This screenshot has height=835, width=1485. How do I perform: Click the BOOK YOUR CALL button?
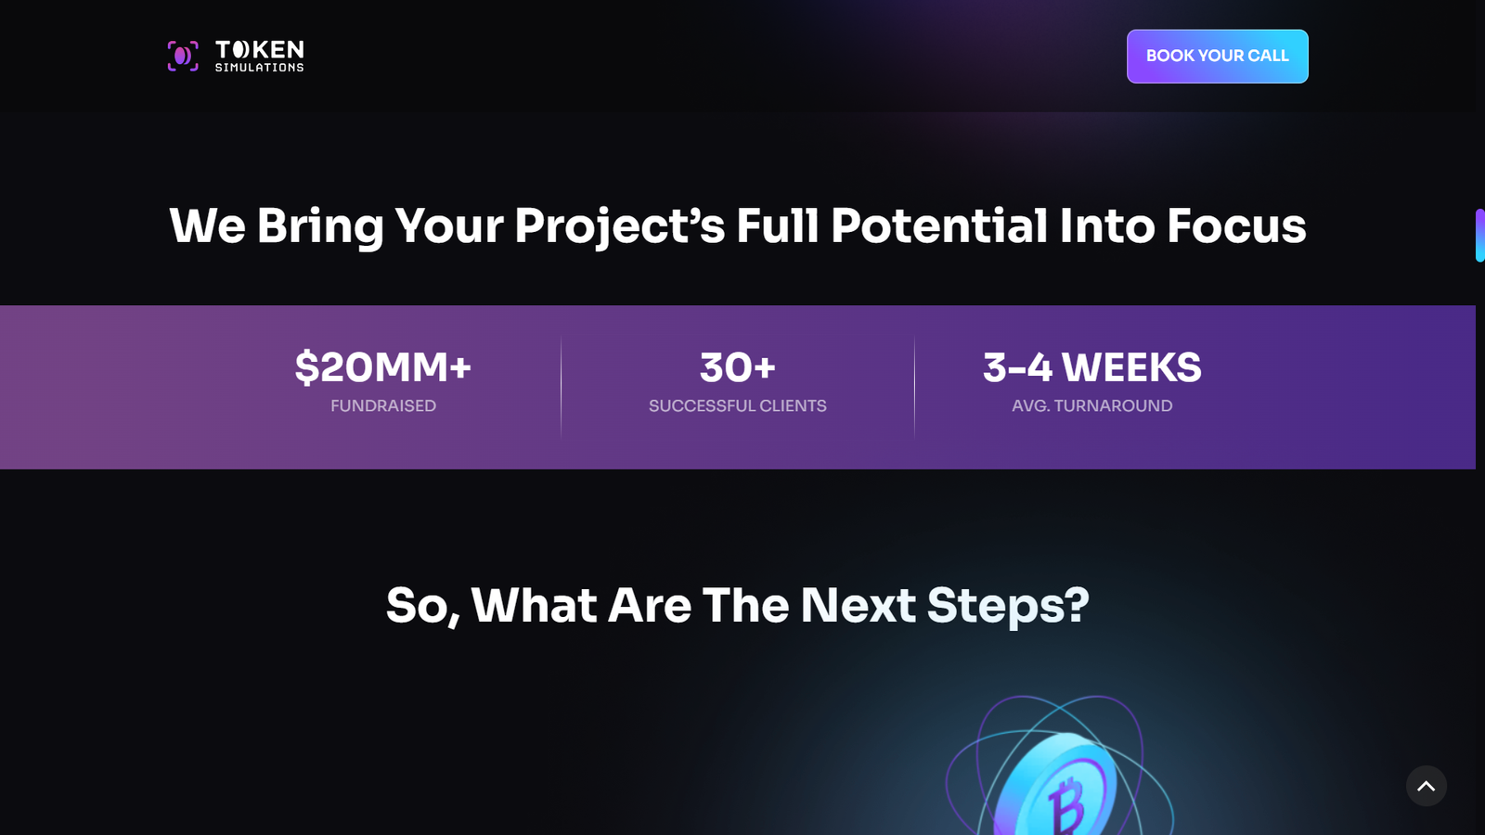pyautogui.click(x=1217, y=57)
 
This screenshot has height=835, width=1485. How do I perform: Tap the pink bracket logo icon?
pyautogui.click(x=183, y=57)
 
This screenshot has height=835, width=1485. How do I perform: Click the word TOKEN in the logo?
pyautogui.click(x=260, y=50)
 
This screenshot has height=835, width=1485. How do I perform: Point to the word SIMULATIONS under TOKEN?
pyautogui.click(x=260, y=67)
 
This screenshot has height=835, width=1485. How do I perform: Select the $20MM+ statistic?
pyautogui.click(x=383, y=367)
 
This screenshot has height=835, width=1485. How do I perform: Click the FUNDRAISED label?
pyautogui.click(x=383, y=405)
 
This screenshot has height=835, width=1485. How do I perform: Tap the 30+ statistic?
pyautogui.click(x=737, y=367)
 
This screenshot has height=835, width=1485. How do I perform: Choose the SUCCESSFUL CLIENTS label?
pyautogui.click(x=737, y=405)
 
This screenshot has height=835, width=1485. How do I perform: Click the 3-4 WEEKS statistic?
pyautogui.click(x=1091, y=367)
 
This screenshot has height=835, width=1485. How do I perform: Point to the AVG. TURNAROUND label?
pyautogui.click(x=1091, y=405)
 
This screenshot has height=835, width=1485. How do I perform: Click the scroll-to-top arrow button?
pyautogui.click(x=1426, y=786)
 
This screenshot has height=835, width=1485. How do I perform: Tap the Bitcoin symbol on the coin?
pyautogui.click(x=1066, y=804)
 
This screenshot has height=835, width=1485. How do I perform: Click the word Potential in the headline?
pyautogui.click(x=939, y=226)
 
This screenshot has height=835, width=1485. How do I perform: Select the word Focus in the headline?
pyautogui.click(x=1236, y=226)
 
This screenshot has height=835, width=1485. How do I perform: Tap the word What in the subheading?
pyautogui.click(x=534, y=605)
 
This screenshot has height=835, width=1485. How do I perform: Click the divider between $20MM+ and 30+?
pyautogui.click(x=561, y=388)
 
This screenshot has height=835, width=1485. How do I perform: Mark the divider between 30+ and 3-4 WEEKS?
pyautogui.click(x=915, y=388)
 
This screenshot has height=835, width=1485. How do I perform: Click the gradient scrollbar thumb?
pyautogui.click(x=1479, y=236)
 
